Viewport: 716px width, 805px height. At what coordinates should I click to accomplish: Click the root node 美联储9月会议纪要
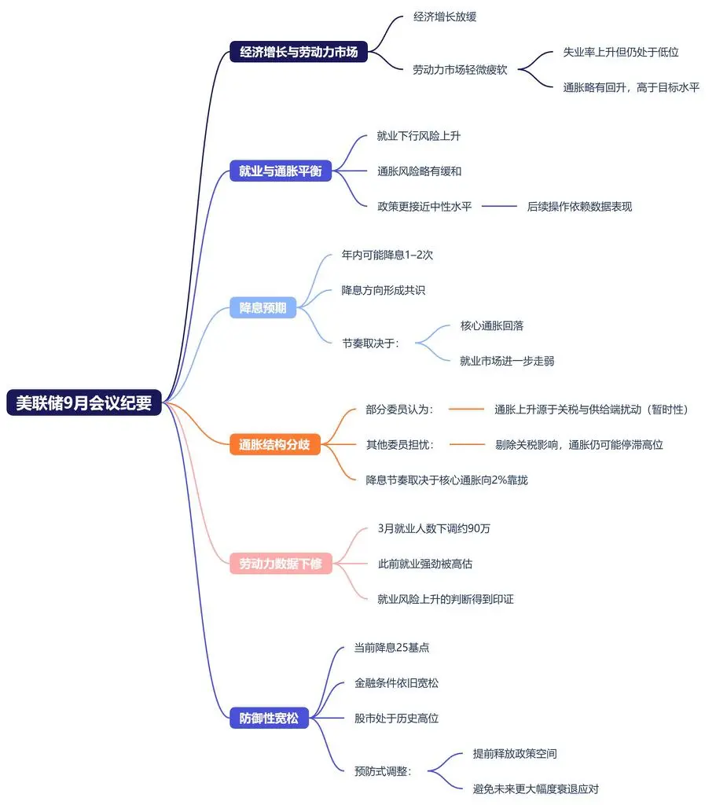pyautogui.click(x=84, y=402)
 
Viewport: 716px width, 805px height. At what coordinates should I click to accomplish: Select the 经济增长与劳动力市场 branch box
pyautogui.click(x=299, y=53)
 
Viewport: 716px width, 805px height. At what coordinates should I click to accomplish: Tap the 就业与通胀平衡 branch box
pyautogui.click(x=280, y=171)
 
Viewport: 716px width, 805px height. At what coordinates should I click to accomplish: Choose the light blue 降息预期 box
pyautogui.click(x=263, y=308)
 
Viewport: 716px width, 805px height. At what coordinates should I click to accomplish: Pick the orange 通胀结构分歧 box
pyautogui.click(x=274, y=445)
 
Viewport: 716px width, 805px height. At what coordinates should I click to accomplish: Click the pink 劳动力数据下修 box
pyautogui.click(x=280, y=563)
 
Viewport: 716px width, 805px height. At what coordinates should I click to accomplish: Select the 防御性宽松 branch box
pyautogui.click(x=269, y=718)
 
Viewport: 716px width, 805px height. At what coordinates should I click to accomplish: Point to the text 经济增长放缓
pyautogui.click(x=445, y=17)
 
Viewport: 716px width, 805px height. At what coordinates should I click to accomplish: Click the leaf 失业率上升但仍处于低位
pyautogui.click(x=621, y=52)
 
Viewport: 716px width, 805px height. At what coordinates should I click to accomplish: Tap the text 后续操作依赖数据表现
pyautogui.click(x=579, y=207)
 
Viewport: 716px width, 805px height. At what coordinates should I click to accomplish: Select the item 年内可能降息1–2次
pyautogui.click(x=387, y=255)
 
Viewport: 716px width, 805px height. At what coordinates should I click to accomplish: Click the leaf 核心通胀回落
pyautogui.click(x=492, y=325)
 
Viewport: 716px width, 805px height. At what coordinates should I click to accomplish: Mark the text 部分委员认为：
pyautogui.click(x=400, y=409)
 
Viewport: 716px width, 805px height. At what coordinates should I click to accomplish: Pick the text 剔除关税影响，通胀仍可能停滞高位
pyautogui.click(x=579, y=444)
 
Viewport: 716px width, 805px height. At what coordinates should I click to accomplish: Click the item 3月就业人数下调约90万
pyautogui.click(x=434, y=528)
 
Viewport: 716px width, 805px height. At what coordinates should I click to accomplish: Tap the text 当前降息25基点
pyautogui.click(x=392, y=648)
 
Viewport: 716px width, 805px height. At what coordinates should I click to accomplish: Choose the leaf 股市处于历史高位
pyautogui.click(x=397, y=718)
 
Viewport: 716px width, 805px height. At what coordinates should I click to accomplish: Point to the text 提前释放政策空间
pyautogui.click(x=515, y=753)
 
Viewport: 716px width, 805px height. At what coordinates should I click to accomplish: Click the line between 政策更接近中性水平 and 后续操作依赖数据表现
pyautogui.click(x=499, y=207)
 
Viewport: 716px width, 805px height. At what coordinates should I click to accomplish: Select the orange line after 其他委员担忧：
pyautogui.click(x=468, y=444)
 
